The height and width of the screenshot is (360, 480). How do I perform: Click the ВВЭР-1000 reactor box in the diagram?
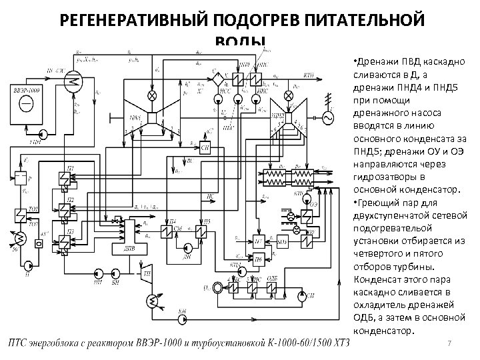[x=27, y=103]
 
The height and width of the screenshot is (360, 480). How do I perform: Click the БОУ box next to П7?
[x=282, y=241]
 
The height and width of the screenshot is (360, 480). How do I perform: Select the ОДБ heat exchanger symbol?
[x=272, y=287]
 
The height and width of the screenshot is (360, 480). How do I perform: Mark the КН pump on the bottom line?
[x=183, y=319]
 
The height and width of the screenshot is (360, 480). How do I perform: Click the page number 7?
[x=451, y=343]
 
